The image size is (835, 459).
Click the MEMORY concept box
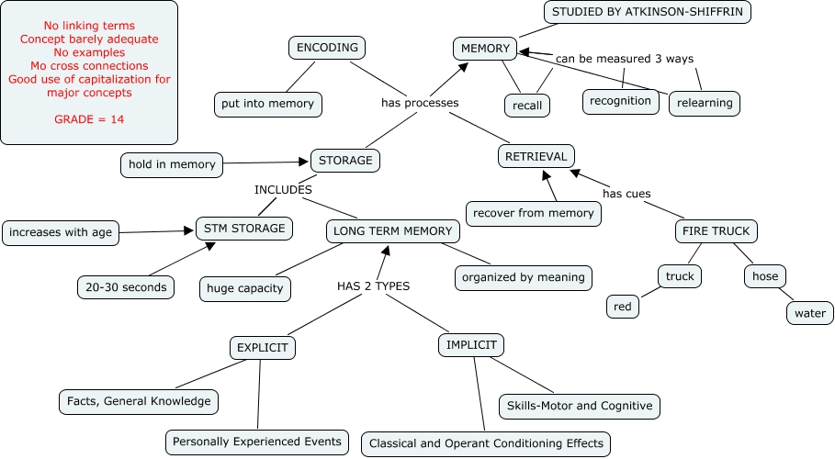(485, 49)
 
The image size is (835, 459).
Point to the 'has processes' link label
(420, 103)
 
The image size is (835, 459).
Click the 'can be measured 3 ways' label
(625, 60)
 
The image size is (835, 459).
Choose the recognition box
(621, 101)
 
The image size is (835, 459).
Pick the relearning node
(705, 103)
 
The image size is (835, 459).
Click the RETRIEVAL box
(536, 157)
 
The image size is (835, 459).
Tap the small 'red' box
(624, 307)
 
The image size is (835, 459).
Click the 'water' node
(809, 313)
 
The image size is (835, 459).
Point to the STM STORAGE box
(245, 228)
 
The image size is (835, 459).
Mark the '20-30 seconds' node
(126, 287)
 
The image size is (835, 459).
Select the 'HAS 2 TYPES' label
(373, 286)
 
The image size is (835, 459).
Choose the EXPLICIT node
(263, 349)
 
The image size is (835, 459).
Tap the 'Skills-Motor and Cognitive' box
(579, 405)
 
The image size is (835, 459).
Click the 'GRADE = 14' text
(89, 120)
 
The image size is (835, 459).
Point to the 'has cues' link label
(626, 193)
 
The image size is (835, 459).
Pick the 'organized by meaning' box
(524, 276)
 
